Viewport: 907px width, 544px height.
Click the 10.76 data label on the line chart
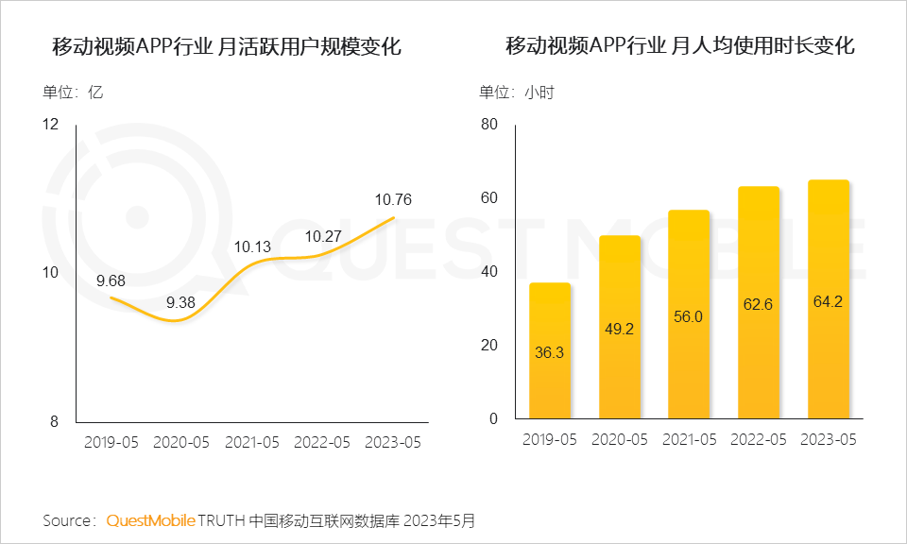pos(393,199)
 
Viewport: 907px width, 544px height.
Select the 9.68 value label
pos(111,280)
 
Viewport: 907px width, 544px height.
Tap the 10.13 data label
pos(253,247)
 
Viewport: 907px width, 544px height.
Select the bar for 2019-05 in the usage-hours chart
pos(550,350)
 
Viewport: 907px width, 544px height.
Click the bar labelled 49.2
pos(619,327)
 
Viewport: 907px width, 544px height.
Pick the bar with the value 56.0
pos(689,314)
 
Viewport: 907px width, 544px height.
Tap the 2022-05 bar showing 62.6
pos(759,302)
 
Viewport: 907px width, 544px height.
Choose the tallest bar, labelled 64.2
pos(829,299)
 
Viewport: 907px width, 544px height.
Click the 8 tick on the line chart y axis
pos(54,420)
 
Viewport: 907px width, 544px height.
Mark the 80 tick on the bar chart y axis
pos(488,125)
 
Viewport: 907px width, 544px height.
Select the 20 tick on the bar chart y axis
pos(488,346)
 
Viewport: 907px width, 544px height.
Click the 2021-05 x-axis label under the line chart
pos(253,441)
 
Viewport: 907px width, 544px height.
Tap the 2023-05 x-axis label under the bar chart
pos(829,439)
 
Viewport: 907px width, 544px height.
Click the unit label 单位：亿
pos(72,93)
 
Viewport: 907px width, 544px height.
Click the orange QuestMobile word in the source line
pos(150,520)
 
